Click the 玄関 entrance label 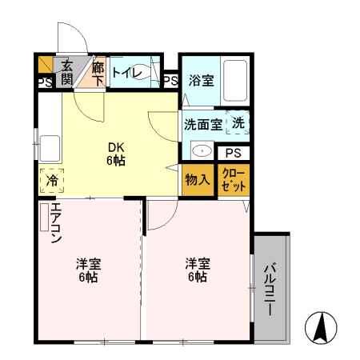(x=66, y=72)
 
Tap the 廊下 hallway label (x=98, y=72)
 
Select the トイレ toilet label (x=126, y=74)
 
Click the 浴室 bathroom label (x=200, y=80)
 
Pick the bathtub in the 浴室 (x=236, y=80)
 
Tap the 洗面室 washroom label (x=204, y=124)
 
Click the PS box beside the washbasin (x=232, y=154)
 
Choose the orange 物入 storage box (x=197, y=179)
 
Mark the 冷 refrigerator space (x=50, y=181)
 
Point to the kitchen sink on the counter (x=50, y=149)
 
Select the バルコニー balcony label (x=271, y=289)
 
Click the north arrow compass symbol (x=321, y=328)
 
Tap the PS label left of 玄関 (x=43, y=82)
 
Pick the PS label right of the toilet (x=170, y=80)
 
